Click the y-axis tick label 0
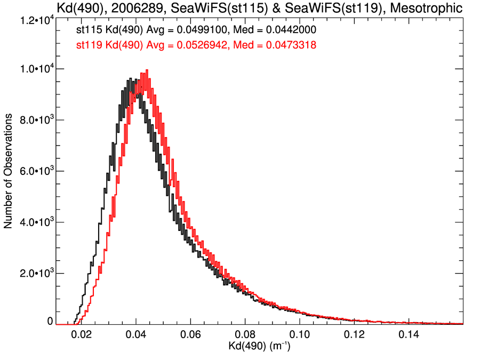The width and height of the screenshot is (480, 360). [50, 322]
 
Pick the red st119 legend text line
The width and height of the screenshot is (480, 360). [197, 46]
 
